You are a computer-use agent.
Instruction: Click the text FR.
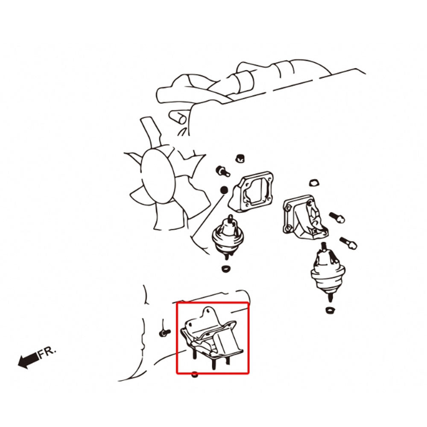click(x=47, y=352)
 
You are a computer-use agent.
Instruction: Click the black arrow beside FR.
click(x=28, y=360)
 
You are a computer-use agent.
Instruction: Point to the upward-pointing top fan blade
click(x=151, y=132)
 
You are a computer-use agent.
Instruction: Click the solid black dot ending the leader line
click(x=224, y=190)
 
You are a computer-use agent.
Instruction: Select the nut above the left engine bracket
click(x=240, y=158)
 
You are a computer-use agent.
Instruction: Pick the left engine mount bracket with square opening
click(x=251, y=191)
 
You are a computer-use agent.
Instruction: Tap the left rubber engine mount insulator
click(x=228, y=237)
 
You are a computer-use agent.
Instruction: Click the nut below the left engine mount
click(x=225, y=269)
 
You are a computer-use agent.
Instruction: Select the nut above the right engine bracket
click(x=314, y=183)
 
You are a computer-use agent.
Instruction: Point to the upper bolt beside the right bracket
click(x=337, y=217)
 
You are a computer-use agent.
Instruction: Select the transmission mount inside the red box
click(x=212, y=338)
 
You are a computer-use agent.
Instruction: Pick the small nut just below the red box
click(x=194, y=374)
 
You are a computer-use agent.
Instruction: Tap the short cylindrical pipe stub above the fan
click(x=178, y=117)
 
